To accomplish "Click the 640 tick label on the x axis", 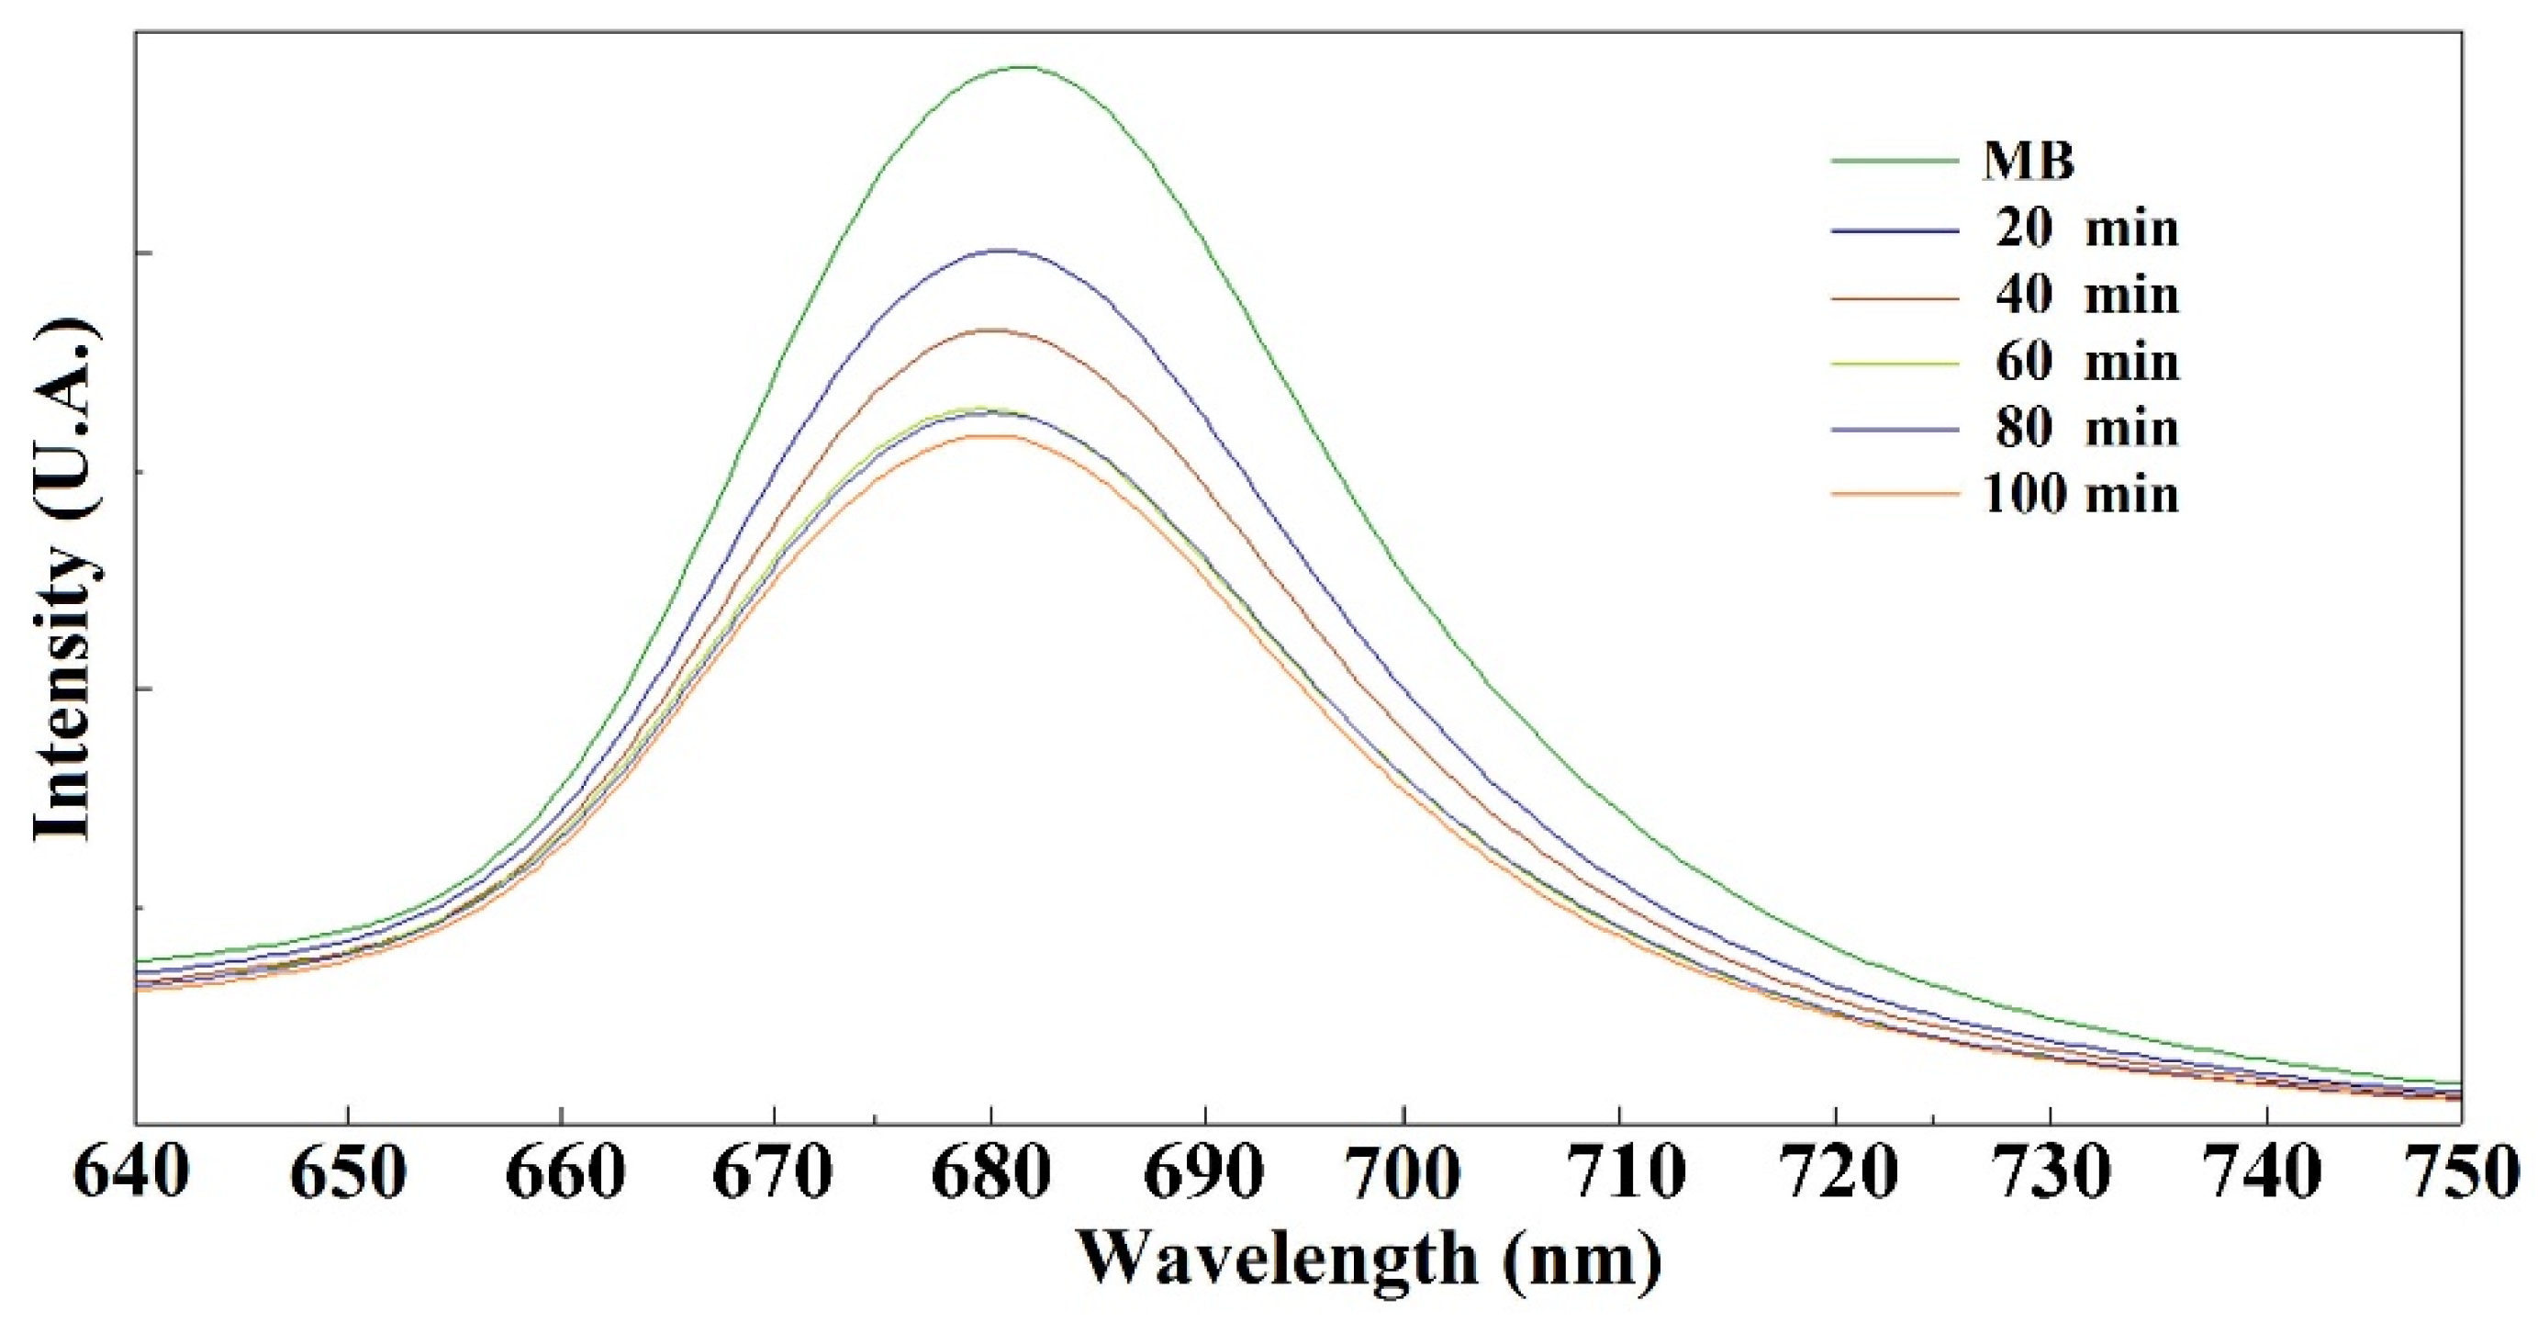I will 132,1175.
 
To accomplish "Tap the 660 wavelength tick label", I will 562,1175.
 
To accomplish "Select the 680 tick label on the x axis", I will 991,1175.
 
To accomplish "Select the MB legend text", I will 2029,161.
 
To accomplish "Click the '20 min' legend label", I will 2086,229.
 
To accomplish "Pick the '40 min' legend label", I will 2086,296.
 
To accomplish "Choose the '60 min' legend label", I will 2086,363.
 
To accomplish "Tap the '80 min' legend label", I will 2086,429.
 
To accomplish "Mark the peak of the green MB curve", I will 1024,67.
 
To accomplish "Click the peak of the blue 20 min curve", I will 1003,251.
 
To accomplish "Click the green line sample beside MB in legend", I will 1894,160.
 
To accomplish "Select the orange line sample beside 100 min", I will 1894,495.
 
